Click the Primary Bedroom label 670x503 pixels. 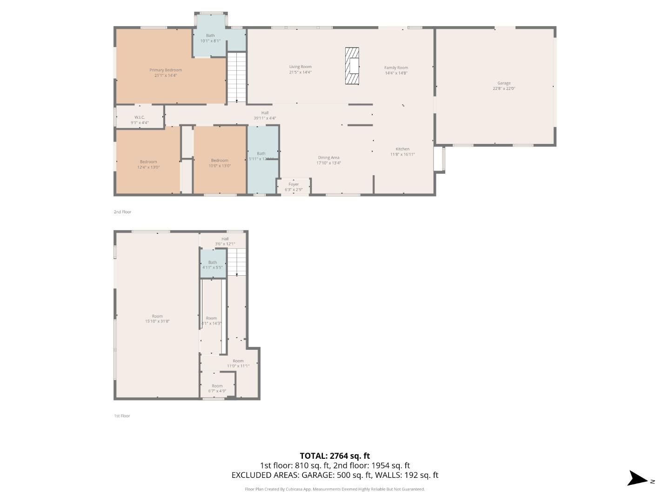tap(166, 73)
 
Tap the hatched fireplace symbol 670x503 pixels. tap(352, 66)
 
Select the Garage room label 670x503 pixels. tap(504, 86)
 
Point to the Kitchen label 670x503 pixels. tap(402, 151)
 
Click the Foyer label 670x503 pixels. tap(294, 187)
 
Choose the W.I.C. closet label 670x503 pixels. tap(140, 120)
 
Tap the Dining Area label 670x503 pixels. tap(328, 160)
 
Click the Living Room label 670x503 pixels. tap(300, 69)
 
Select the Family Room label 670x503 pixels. tap(396, 70)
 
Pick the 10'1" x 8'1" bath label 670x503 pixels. tap(210, 38)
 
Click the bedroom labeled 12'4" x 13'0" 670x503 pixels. tap(148, 164)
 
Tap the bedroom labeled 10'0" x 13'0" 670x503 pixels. tap(220, 163)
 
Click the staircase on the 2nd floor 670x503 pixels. tap(237, 77)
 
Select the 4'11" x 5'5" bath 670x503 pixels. tap(213, 265)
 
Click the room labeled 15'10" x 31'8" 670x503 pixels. tap(157, 319)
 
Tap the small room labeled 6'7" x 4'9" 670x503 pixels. tap(217, 388)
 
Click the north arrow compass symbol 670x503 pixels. tap(638, 479)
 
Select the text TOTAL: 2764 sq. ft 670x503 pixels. tap(335, 456)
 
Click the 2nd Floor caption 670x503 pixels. tap(122, 212)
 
